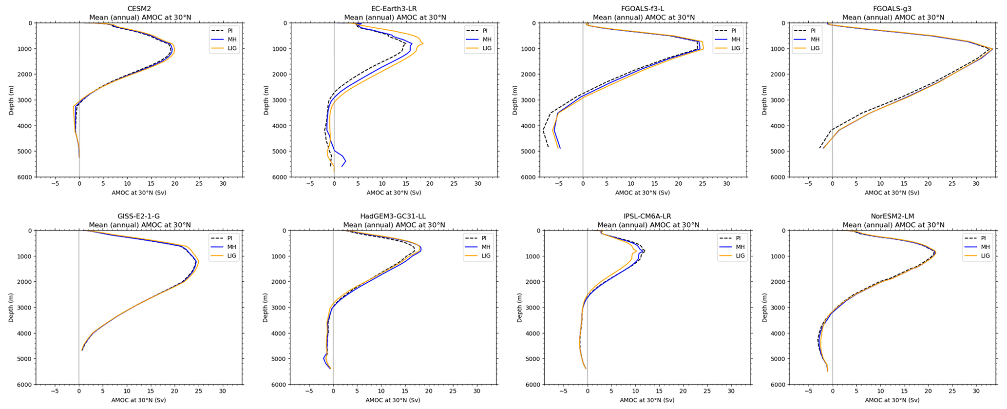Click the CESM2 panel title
click(x=140, y=9)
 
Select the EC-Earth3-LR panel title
click(x=395, y=9)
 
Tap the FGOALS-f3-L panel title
click(x=644, y=9)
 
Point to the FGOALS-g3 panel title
click(x=893, y=9)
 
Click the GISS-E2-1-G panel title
click(x=140, y=216)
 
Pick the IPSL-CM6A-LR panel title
click(x=648, y=216)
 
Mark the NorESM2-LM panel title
click(x=893, y=216)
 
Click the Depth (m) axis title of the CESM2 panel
click(x=11, y=100)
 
